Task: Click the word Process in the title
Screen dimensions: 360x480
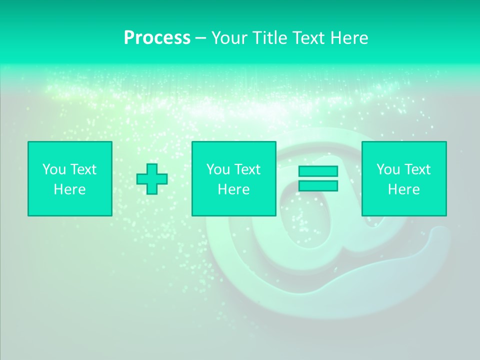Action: coord(157,38)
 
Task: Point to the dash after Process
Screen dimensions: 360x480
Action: coord(200,38)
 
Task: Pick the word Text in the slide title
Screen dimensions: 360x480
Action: coord(306,38)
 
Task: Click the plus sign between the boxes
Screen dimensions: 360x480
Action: coord(152,179)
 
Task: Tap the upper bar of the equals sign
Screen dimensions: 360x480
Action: coord(318,171)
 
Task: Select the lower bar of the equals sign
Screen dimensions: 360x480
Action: coord(318,185)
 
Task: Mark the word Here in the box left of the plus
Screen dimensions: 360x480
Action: coord(69,189)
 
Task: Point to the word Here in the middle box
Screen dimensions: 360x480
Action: coord(233,189)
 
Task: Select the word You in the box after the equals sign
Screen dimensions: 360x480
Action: coord(388,169)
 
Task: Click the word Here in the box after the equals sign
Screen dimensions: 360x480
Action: coord(403,189)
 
